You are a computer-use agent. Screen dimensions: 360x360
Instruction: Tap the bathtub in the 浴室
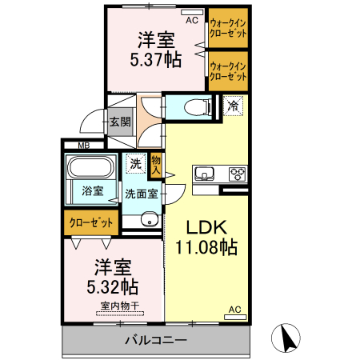coord(91,169)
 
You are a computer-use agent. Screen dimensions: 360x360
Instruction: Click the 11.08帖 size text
coord(206,247)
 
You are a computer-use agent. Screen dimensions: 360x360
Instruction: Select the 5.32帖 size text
coord(113,286)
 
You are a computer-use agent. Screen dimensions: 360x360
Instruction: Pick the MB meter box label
coord(83,146)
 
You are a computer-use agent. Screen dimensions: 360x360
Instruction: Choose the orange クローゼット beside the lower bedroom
coord(90,223)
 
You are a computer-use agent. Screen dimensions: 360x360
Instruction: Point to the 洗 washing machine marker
coord(137,163)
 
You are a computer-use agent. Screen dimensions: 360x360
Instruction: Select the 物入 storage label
coord(156,165)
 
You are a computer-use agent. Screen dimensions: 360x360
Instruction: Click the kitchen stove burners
coord(238,174)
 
